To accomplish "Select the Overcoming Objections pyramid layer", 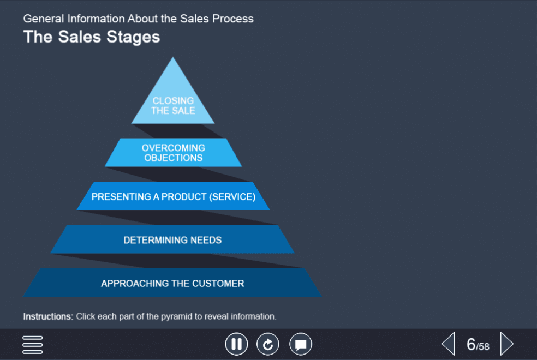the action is tap(174, 153).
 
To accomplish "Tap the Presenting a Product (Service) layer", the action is tap(174, 196).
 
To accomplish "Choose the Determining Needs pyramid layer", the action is tap(172, 239).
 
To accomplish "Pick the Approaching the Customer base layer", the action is tap(172, 283).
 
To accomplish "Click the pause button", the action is tap(237, 344).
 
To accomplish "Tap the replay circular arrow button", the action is tap(268, 344).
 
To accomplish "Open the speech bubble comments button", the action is tap(301, 344).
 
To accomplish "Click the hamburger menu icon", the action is tap(33, 345).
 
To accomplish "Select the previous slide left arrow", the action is tap(449, 344).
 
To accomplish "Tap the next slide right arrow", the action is tap(507, 344).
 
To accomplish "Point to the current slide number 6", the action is tap(472, 344).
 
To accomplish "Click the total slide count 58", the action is tap(484, 347).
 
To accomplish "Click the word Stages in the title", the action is tap(133, 37).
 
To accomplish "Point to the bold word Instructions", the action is tap(48, 316).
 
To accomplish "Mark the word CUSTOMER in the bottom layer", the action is tap(218, 283).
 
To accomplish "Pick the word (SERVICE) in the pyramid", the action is tap(232, 197).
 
